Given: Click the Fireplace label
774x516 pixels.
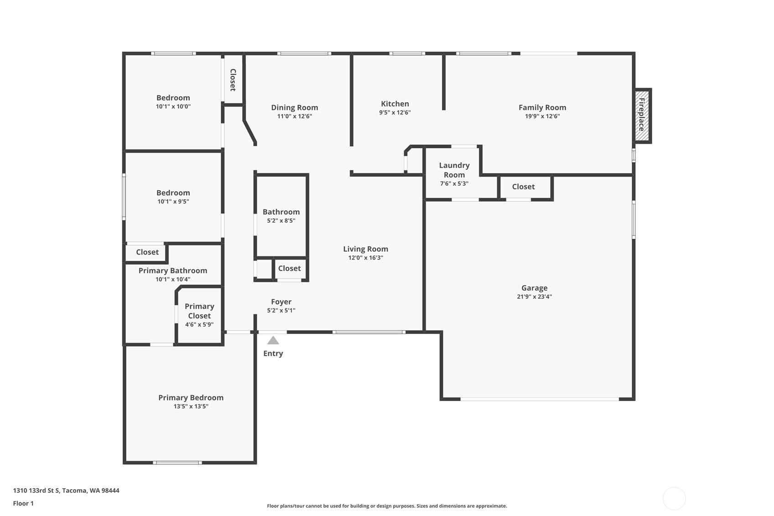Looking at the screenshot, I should pyautogui.click(x=642, y=115).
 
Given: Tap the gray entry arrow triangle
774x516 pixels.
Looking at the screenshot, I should pyautogui.click(x=273, y=340).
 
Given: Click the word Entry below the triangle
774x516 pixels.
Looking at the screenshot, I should pyautogui.click(x=273, y=354).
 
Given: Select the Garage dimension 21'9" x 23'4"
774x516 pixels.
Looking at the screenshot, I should pyautogui.click(x=534, y=297).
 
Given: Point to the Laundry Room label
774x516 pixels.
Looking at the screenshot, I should pyautogui.click(x=454, y=170).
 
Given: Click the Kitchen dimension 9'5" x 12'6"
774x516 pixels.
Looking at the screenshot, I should pyautogui.click(x=395, y=113).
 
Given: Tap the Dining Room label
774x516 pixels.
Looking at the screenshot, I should pyautogui.click(x=294, y=108).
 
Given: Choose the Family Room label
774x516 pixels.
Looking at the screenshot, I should pyautogui.click(x=542, y=108).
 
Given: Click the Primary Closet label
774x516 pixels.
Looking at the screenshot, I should pyautogui.click(x=199, y=311).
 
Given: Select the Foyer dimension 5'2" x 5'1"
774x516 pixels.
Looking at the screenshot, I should pyautogui.click(x=281, y=311).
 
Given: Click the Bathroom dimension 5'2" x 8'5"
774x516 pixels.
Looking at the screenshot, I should pyautogui.click(x=281, y=221).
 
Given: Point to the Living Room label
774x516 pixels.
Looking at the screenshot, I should pyautogui.click(x=365, y=249).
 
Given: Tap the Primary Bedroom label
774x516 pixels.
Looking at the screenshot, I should pyautogui.click(x=191, y=398).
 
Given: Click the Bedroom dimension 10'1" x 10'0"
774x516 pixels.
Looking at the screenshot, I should pyautogui.click(x=173, y=107).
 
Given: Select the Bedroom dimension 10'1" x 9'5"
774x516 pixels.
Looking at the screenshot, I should pyautogui.click(x=173, y=202).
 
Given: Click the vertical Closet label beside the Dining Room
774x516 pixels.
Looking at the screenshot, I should pyautogui.click(x=233, y=80).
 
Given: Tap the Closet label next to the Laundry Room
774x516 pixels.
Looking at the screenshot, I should pyautogui.click(x=523, y=187).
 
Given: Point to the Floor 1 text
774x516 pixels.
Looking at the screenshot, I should pyautogui.click(x=23, y=503).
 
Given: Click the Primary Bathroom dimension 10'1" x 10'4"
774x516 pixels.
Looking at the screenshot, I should pyautogui.click(x=172, y=279).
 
